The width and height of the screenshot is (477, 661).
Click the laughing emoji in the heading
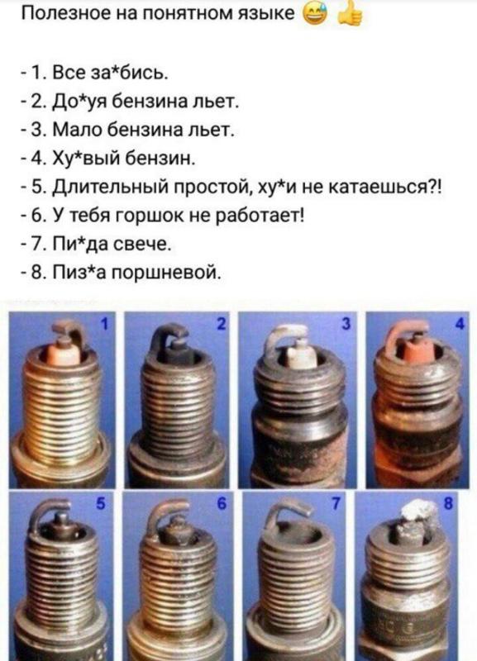314,15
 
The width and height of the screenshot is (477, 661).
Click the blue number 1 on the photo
106,324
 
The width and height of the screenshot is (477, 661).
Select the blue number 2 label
222,324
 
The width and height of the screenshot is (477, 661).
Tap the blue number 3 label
346,324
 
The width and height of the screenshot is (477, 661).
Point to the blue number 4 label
460,324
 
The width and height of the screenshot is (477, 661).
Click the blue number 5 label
100,503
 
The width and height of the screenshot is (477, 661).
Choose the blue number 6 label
222,503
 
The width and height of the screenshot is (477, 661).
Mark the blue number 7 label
336,503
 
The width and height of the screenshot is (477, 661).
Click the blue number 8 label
448,503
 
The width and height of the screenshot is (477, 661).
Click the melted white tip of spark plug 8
417,511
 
